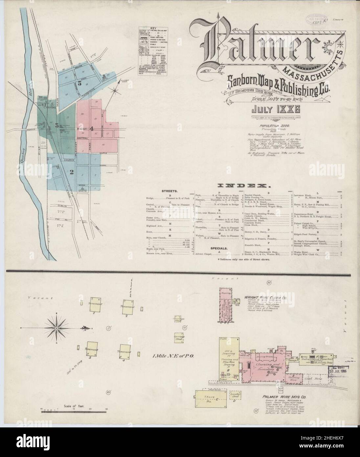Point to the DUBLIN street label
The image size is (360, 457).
click(x=62, y=206)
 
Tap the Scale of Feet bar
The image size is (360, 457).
click(x=75, y=410)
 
